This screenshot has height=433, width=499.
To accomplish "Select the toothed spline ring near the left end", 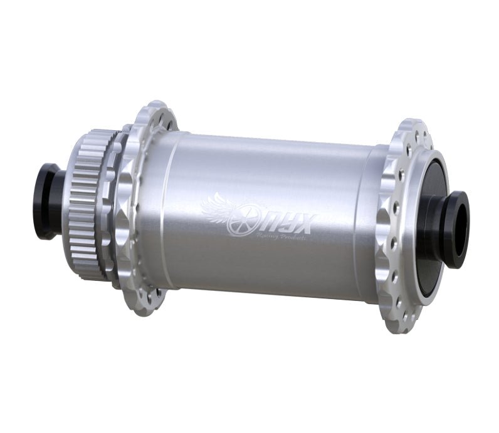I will pos(86,200).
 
